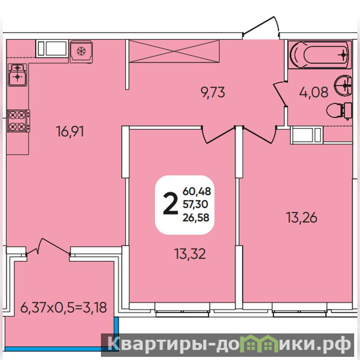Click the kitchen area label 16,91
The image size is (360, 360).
(70, 132)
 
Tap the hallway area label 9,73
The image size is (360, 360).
(213, 93)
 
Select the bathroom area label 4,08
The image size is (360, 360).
(314, 92)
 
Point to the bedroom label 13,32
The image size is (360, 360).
(190, 254)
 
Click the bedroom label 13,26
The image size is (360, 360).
(302, 218)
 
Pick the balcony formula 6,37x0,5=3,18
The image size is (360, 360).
(64, 308)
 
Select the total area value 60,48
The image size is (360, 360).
(196, 191)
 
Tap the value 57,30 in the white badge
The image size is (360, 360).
(195, 204)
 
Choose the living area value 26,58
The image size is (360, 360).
(196, 217)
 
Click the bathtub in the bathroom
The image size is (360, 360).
(319, 55)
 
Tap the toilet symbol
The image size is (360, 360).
(339, 111)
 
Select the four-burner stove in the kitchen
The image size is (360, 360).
(18, 121)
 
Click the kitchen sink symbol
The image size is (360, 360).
(18, 75)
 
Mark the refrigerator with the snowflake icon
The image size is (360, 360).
(81, 51)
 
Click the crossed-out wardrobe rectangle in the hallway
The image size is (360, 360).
(174, 51)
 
